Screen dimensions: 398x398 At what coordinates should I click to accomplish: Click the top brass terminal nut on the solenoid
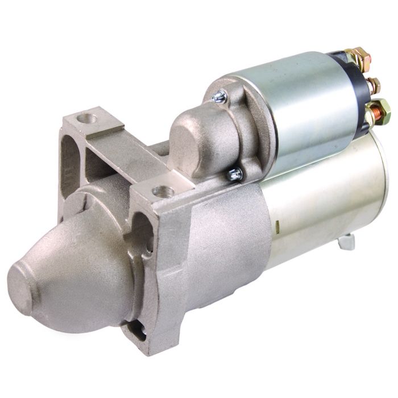click(359, 57)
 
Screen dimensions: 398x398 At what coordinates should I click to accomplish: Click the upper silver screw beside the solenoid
click(219, 98)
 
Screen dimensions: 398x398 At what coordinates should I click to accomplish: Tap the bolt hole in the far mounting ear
click(87, 120)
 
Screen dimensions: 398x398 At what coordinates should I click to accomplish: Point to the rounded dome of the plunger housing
click(190, 139)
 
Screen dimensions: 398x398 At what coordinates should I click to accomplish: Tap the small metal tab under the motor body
click(346, 242)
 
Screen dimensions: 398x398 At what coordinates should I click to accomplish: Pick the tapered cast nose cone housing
click(80, 273)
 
